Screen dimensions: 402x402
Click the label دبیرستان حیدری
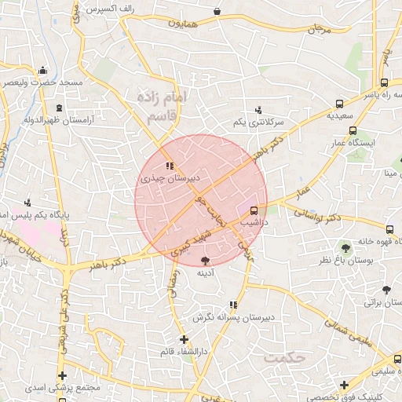(x=170, y=179)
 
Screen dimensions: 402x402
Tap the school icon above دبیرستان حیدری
(x=170, y=166)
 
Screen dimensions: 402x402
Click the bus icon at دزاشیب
(x=254, y=210)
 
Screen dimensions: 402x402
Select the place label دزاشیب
(x=254, y=224)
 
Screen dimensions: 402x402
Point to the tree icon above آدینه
(x=206, y=259)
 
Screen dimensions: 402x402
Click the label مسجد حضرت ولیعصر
(x=47, y=82)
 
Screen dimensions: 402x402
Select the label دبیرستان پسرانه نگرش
(x=232, y=317)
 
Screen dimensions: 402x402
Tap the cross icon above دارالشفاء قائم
(x=184, y=339)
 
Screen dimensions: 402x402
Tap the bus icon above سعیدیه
(x=339, y=103)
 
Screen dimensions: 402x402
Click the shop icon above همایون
(x=217, y=12)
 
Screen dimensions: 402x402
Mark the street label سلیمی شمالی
(x=346, y=330)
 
